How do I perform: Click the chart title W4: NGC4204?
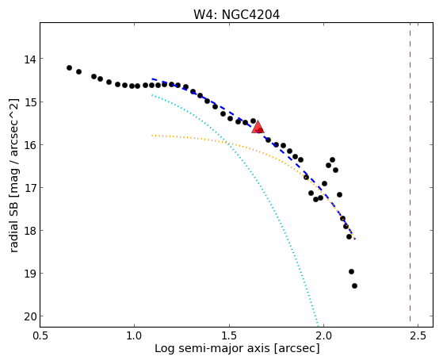(x=236, y=15)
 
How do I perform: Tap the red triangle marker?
(x=258, y=127)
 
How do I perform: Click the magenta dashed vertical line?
(x=410, y=174)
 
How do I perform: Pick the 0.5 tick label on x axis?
(x=40, y=335)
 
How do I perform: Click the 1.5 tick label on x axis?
(x=229, y=335)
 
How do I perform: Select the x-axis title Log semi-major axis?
(x=212, y=349)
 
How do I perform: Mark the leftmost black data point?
(x=69, y=67)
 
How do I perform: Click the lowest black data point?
(x=354, y=286)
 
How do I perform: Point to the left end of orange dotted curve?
(x=152, y=136)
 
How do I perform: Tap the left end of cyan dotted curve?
(x=152, y=95)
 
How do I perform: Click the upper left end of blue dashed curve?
(x=152, y=79)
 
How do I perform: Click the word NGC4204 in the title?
(x=250, y=15)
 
